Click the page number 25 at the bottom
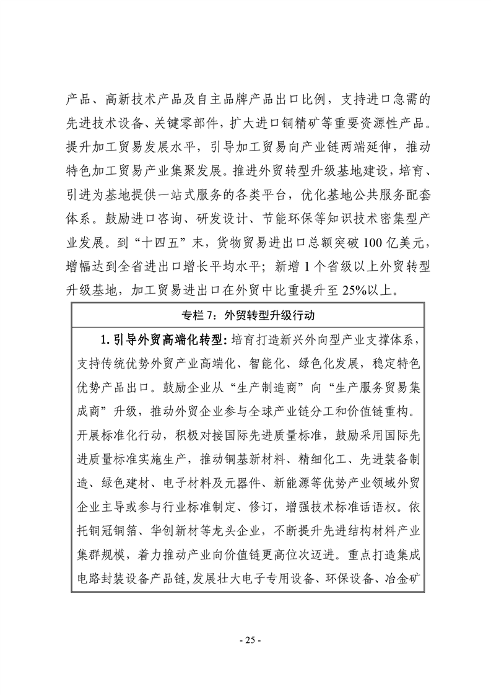coord(245,640)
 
